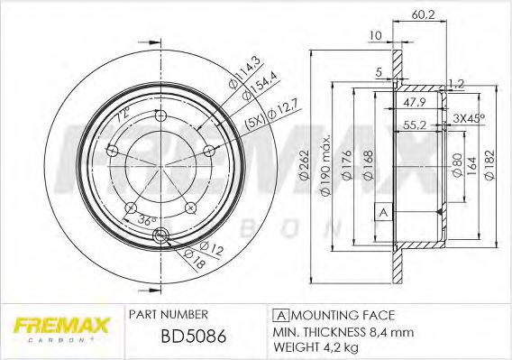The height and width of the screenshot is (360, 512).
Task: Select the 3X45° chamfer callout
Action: tap(470, 118)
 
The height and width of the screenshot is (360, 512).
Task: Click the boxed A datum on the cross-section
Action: tap(381, 211)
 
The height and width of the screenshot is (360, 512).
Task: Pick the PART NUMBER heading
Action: tap(169, 314)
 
